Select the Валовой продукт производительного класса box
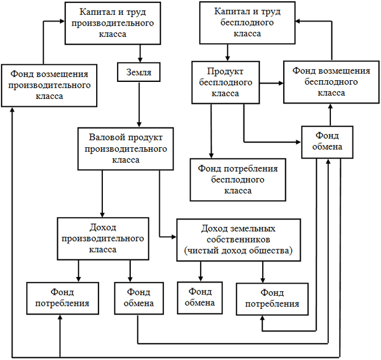pyautogui.click(x=126, y=148)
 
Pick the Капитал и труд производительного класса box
pyautogui.click(x=110, y=23)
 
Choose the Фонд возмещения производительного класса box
pyautogui.click(x=48, y=85)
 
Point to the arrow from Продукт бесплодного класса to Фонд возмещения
pyautogui.click(x=272, y=83)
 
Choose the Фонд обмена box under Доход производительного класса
pyautogui.click(x=138, y=298)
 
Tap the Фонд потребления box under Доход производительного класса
pyautogui.click(x=62, y=298)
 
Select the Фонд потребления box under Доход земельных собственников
pyautogui.click(x=272, y=299)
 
